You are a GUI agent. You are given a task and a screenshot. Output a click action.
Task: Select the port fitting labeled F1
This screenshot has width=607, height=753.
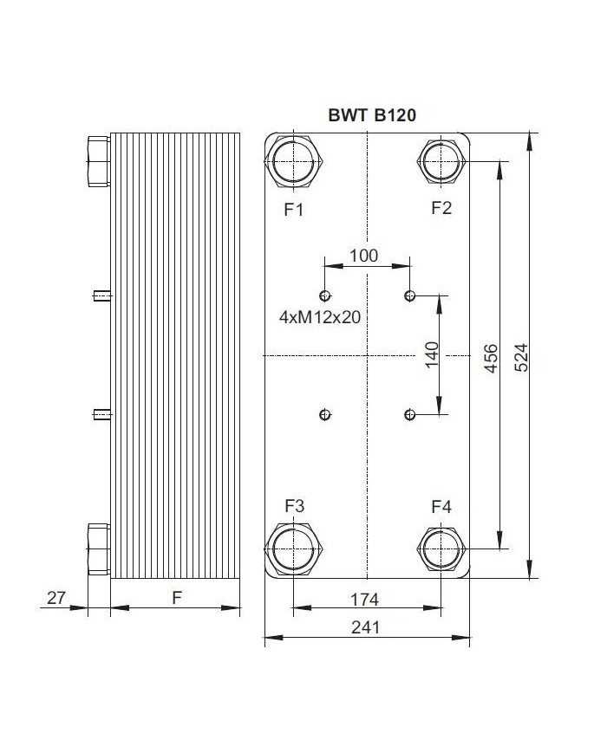pos(295,162)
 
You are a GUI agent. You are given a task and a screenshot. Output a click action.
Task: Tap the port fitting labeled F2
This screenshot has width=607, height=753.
pos(442,162)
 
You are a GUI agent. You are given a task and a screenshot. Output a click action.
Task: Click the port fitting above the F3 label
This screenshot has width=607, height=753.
pos(295,549)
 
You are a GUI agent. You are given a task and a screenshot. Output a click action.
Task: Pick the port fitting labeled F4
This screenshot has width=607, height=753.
pos(442,549)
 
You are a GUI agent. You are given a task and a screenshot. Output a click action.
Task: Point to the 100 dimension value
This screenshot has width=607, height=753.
pos(363,255)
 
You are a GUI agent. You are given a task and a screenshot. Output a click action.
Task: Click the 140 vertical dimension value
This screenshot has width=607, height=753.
pos(432,356)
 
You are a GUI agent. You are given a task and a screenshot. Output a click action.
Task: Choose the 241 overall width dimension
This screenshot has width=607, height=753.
pos(366,627)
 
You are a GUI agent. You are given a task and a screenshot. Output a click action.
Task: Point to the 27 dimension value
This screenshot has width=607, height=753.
pos(56,598)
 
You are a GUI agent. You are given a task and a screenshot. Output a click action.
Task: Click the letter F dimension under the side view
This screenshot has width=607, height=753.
pos(177,598)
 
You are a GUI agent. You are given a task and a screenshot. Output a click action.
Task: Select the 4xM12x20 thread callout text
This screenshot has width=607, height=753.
pos(320,317)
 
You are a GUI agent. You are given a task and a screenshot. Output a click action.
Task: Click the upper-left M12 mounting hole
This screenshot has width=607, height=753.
pos(325,295)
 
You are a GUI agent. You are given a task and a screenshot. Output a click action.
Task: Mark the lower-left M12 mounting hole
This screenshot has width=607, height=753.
pos(325,415)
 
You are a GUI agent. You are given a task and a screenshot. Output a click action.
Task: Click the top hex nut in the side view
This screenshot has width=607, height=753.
pos(97,162)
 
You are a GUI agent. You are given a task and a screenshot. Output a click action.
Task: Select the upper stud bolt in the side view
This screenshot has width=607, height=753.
pos(101,296)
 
